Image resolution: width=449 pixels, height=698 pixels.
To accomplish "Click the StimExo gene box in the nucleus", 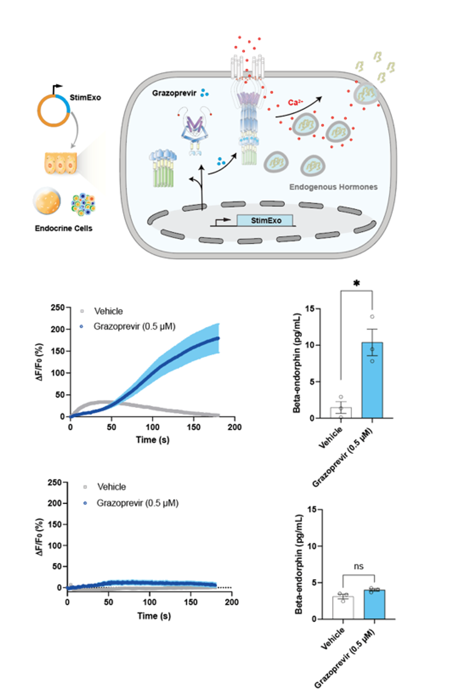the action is (265, 220).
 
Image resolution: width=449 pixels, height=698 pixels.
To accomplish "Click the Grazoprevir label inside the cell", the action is (174, 93).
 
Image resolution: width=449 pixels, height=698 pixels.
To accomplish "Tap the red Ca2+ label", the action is (295, 102).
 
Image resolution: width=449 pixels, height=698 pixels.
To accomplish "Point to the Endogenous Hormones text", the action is (333, 187).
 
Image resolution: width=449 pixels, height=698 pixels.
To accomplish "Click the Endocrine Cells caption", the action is (63, 228).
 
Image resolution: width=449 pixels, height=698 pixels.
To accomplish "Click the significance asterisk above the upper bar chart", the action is (357, 284).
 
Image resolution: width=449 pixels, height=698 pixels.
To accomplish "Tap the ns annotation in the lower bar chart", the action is (359, 566).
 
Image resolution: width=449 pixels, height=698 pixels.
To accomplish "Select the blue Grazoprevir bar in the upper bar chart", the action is (372, 380).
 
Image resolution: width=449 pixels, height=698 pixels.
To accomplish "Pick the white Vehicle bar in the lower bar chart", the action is (343, 608).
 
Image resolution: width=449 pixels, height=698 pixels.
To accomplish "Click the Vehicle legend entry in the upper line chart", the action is (102, 311).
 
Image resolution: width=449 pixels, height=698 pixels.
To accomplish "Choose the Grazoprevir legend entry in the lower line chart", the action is (131, 503).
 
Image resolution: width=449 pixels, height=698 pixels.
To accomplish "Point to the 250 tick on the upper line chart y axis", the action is (58, 307).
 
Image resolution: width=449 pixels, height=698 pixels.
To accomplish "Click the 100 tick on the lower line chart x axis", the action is (149, 602).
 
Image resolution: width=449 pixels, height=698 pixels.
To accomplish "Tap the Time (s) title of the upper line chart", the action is (152, 440).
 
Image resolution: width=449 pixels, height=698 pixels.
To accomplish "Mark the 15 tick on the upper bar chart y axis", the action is (310, 309).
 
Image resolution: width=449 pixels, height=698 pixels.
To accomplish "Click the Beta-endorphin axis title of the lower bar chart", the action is (299, 564).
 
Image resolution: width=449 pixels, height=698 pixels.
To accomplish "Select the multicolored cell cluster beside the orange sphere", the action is (83, 205).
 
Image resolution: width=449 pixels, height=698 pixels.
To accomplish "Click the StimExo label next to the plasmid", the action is (85, 98).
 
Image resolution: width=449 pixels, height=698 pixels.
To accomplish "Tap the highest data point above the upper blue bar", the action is (372, 317).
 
